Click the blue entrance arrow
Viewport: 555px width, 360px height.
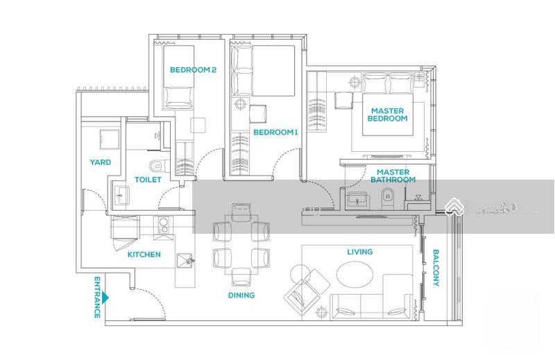point(105,298)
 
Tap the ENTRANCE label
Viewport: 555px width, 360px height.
point(97,298)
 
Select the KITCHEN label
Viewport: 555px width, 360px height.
point(144,255)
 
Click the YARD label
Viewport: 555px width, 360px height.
point(100,162)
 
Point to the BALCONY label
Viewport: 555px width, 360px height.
point(436,268)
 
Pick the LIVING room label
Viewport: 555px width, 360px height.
point(359,252)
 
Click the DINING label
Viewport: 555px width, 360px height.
point(241,295)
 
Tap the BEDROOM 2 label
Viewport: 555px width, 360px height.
point(193,70)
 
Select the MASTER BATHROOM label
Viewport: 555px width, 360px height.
point(393,176)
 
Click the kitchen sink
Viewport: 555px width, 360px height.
point(185,260)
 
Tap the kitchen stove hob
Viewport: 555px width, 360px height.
point(164,225)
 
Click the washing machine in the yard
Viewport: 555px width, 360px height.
point(110,140)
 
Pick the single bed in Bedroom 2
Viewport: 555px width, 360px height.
point(178,77)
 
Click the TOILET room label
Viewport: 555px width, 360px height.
point(148,180)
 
